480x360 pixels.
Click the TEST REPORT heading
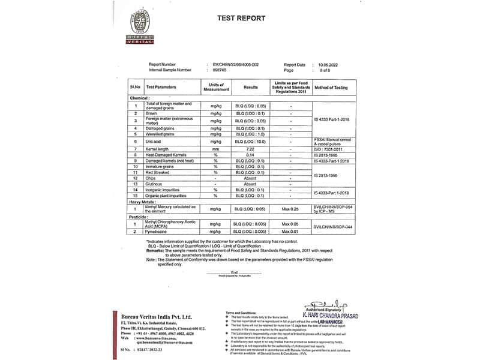coord(241,18)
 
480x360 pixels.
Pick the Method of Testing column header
coord(331,88)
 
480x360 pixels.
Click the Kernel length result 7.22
coord(251,148)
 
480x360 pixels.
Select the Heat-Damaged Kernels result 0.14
coord(251,155)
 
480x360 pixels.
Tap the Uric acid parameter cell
coord(155,141)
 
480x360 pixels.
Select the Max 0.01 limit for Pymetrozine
coord(290,230)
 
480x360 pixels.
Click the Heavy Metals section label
coord(144,202)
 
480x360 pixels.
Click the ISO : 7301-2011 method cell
coord(331,148)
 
